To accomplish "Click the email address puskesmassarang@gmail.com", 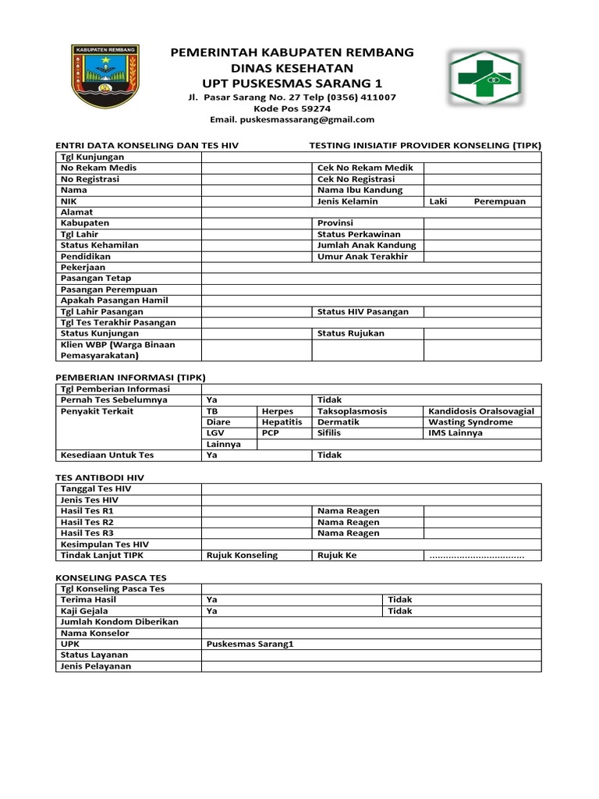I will [292, 119].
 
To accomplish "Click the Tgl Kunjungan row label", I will [92, 157].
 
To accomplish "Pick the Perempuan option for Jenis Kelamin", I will [499, 201].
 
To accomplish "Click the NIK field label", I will [69, 201].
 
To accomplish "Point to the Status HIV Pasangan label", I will [363, 312].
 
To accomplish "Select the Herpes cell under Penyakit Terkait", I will [278, 411].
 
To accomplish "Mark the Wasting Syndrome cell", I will [471, 422].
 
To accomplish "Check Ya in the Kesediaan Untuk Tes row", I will [211, 455].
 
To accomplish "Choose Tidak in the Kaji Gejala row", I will [399, 611].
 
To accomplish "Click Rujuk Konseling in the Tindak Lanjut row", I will [242, 556].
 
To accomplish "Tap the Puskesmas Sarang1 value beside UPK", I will [250, 645].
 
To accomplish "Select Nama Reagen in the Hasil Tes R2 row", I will [348, 522].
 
